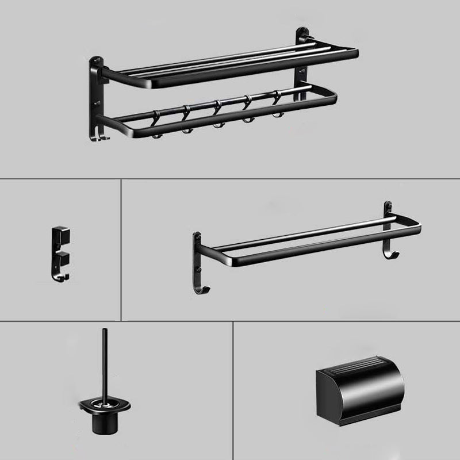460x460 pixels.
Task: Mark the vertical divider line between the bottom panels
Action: [x=233, y=391]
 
